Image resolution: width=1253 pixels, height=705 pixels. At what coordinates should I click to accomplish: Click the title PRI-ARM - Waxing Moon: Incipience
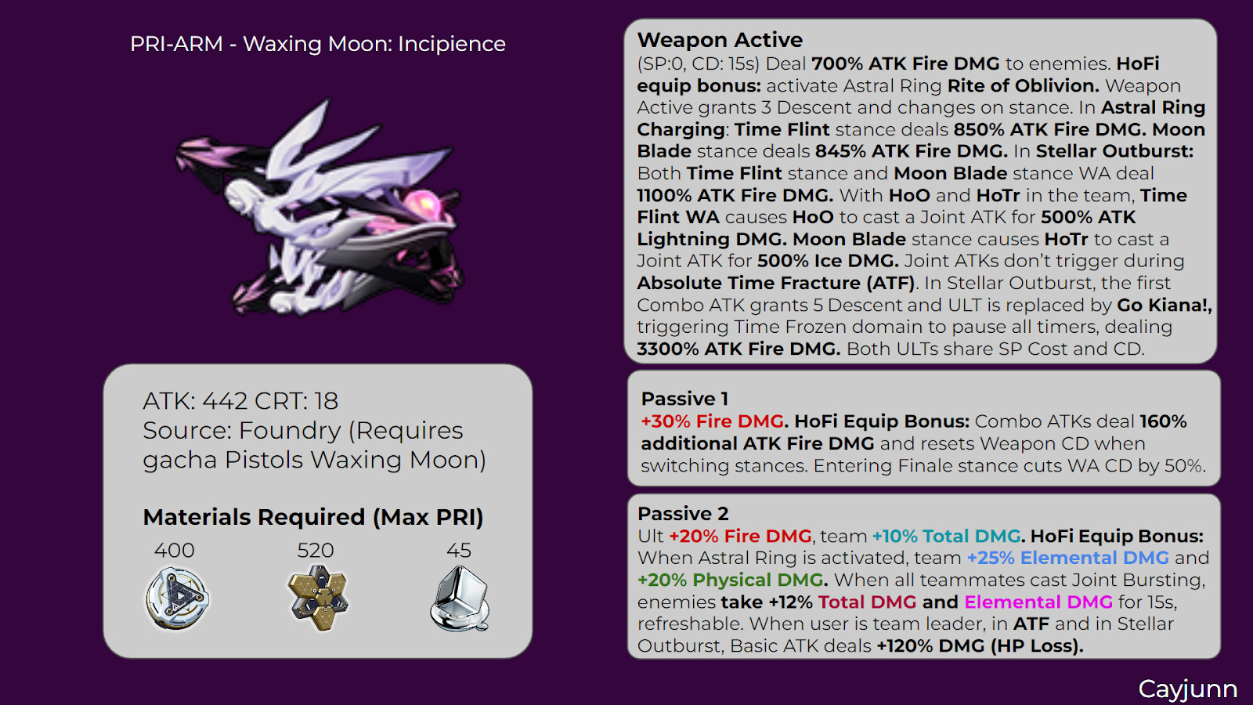(x=317, y=44)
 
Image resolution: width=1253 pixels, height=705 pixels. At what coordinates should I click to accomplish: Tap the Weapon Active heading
(x=720, y=40)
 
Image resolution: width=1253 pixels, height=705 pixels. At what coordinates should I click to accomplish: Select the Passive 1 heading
(x=684, y=399)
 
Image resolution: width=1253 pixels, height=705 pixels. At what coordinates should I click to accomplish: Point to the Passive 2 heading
(x=683, y=514)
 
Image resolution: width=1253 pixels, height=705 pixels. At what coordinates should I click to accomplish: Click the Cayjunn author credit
(x=1187, y=689)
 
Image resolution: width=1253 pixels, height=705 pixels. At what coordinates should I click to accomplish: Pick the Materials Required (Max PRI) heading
(x=313, y=517)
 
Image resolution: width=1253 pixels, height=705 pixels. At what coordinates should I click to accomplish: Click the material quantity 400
(x=174, y=551)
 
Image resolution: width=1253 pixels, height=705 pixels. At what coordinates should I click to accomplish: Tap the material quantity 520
(x=316, y=551)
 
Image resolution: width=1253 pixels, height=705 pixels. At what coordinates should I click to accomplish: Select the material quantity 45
(x=459, y=551)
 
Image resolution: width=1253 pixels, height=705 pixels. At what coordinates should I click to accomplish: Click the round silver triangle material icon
(x=178, y=599)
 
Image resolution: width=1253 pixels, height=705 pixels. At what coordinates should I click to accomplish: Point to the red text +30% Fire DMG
(x=712, y=421)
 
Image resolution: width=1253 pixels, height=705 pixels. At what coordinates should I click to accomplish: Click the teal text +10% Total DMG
(x=946, y=537)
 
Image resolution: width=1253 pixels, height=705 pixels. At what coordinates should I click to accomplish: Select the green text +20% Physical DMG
(x=731, y=580)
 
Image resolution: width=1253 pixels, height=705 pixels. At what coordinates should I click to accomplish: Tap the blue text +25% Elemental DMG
(x=1067, y=559)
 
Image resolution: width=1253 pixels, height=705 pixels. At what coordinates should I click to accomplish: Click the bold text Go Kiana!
(x=1164, y=305)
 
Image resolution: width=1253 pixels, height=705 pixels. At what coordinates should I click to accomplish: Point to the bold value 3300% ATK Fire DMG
(x=738, y=349)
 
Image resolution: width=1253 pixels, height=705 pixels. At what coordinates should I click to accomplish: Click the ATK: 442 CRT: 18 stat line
(x=240, y=401)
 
